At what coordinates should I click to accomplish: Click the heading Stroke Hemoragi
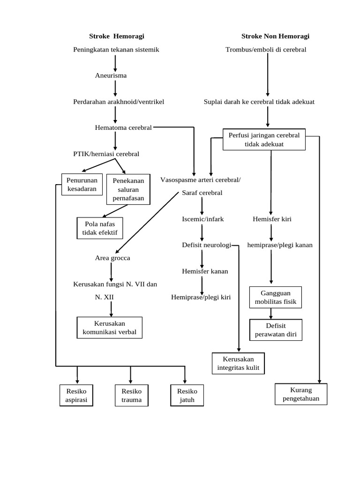(117, 36)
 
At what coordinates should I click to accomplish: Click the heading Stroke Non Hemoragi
(275, 36)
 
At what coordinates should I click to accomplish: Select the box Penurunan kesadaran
(82, 185)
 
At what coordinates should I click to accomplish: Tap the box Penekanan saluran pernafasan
(128, 190)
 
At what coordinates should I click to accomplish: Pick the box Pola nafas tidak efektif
(99, 228)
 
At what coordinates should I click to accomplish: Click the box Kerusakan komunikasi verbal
(109, 328)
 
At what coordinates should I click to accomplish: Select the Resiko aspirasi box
(76, 396)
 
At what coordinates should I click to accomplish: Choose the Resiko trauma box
(131, 396)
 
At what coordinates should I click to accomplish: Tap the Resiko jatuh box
(187, 396)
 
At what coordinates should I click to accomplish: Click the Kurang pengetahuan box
(300, 394)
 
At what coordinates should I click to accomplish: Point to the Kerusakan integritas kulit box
(238, 364)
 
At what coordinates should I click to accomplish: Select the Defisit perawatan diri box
(276, 330)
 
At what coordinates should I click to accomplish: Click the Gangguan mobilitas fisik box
(276, 298)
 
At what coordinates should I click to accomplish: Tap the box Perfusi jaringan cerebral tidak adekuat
(264, 140)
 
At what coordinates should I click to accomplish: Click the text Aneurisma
(111, 75)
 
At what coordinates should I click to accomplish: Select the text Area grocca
(112, 258)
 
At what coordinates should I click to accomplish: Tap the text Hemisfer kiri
(272, 219)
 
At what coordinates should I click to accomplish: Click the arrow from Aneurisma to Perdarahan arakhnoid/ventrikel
(115, 88)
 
